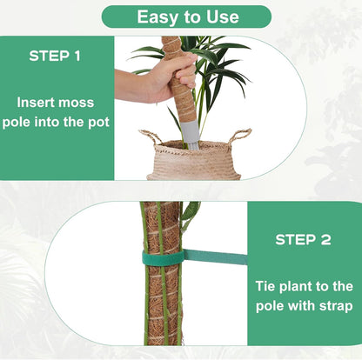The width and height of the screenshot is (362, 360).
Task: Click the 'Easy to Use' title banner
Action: click(186, 17)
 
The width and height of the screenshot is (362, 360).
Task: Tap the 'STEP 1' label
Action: click(55, 57)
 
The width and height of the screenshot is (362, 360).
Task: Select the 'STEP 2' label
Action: click(303, 239)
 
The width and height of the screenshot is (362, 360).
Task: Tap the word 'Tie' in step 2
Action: click(268, 285)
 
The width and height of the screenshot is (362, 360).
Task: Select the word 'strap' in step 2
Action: click(333, 306)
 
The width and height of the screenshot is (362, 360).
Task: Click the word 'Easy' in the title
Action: click(159, 17)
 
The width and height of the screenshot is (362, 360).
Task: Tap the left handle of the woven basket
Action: click(150, 137)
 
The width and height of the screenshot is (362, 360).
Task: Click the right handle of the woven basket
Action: click(240, 136)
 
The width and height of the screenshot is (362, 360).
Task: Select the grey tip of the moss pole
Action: click(190, 134)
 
